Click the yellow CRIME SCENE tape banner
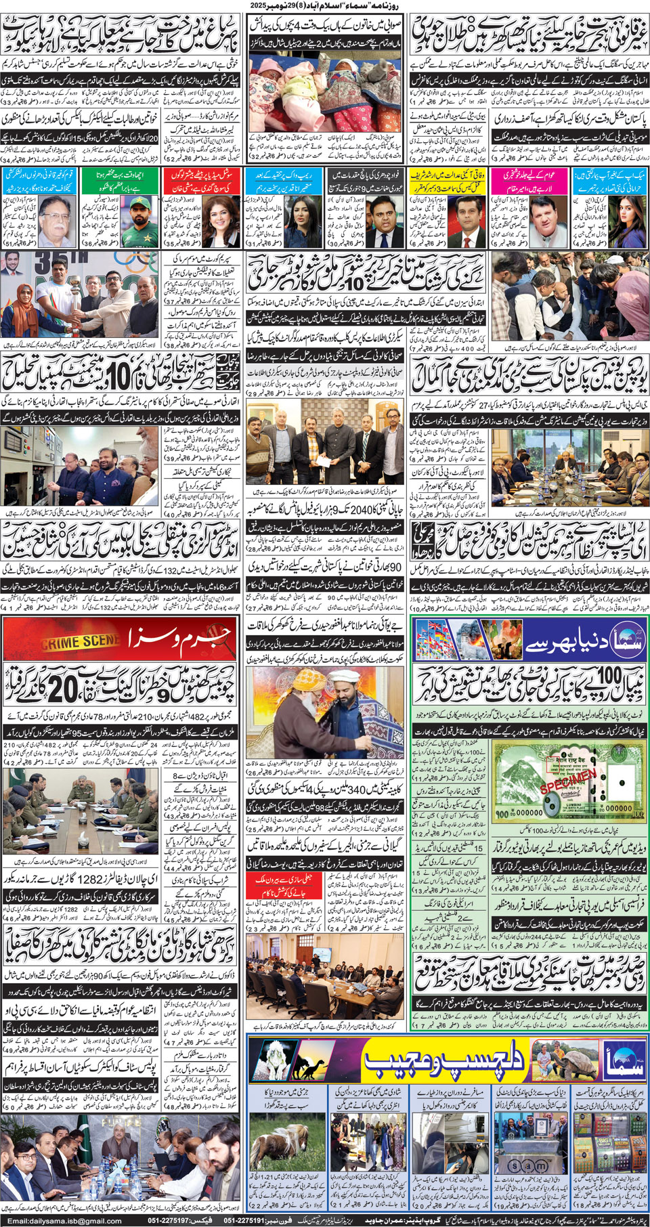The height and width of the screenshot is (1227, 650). point(80,641)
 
